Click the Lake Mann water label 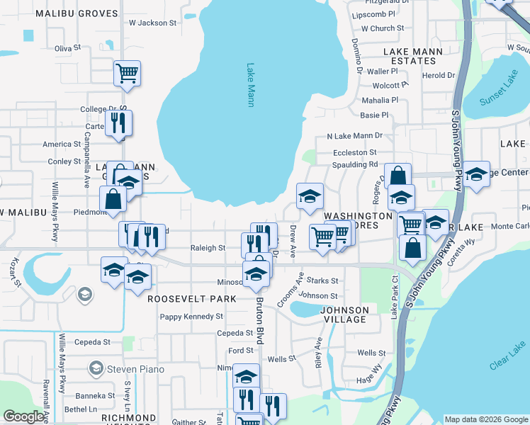[250, 86]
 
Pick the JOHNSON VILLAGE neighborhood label [344, 314]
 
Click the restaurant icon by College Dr [118, 123]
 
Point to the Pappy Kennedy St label [192, 317]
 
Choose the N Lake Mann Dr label [354, 135]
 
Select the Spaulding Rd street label [355, 164]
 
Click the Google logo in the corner [23, 416]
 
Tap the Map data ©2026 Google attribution [486, 419]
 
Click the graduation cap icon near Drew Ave [310, 198]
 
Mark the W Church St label [382, 28]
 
